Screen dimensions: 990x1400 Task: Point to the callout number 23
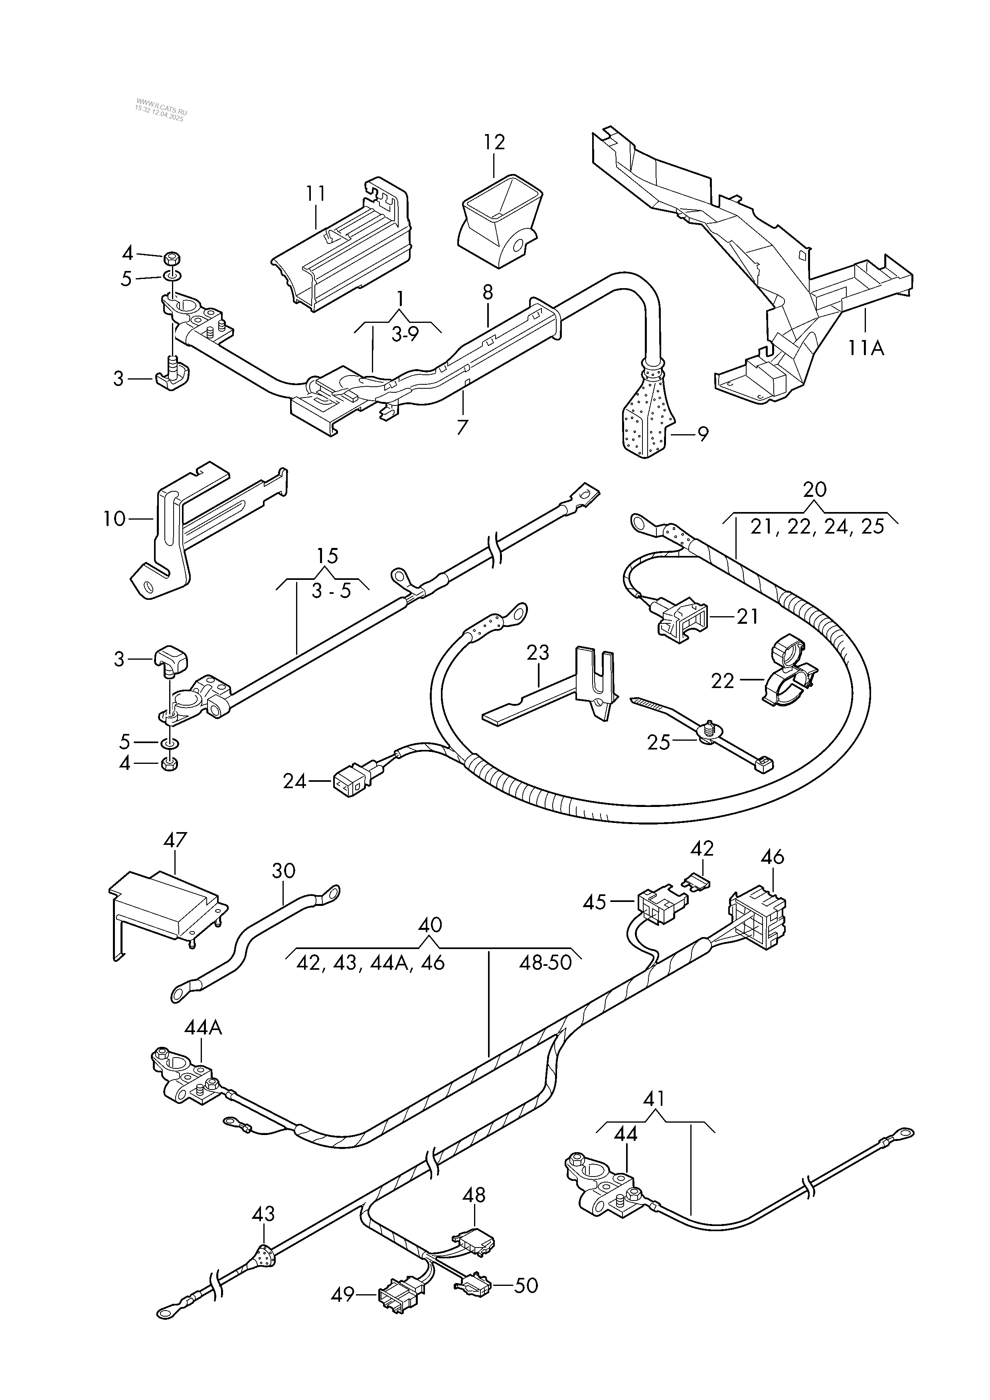(537, 653)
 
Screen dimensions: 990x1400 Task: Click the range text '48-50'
(545, 963)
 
